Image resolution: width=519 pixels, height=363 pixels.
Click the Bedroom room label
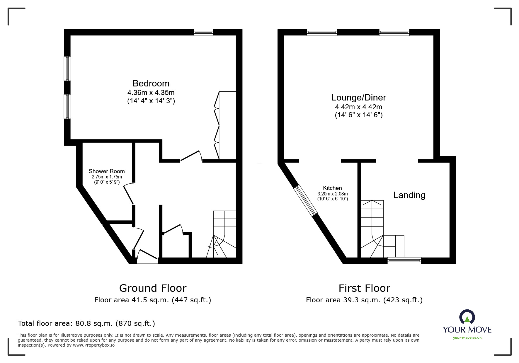click(x=151, y=83)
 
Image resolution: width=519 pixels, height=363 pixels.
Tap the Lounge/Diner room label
click(x=359, y=98)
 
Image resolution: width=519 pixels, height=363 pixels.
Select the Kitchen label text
click(x=332, y=188)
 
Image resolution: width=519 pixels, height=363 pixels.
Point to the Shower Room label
click(x=107, y=171)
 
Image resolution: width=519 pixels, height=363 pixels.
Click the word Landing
click(x=409, y=195)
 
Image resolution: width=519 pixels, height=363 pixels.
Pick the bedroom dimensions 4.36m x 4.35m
click(x=151, y=93)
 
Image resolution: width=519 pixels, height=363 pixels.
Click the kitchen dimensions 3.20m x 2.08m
click(x=333, y=194)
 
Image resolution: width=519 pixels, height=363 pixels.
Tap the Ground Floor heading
click(x=153, y=288)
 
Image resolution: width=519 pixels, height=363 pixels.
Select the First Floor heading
click(x=364, y=288)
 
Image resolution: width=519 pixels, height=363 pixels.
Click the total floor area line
click(x=86, y=323)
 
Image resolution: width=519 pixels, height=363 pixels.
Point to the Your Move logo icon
click(x=467, y=317)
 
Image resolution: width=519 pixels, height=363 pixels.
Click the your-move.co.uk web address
click(x=467, y=338)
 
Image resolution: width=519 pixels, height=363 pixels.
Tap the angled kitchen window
click(x=306, y=201)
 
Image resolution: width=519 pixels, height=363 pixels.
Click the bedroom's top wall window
click(x=203, y=32)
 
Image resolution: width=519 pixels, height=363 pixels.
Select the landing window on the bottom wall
click(x=404, y=260)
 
